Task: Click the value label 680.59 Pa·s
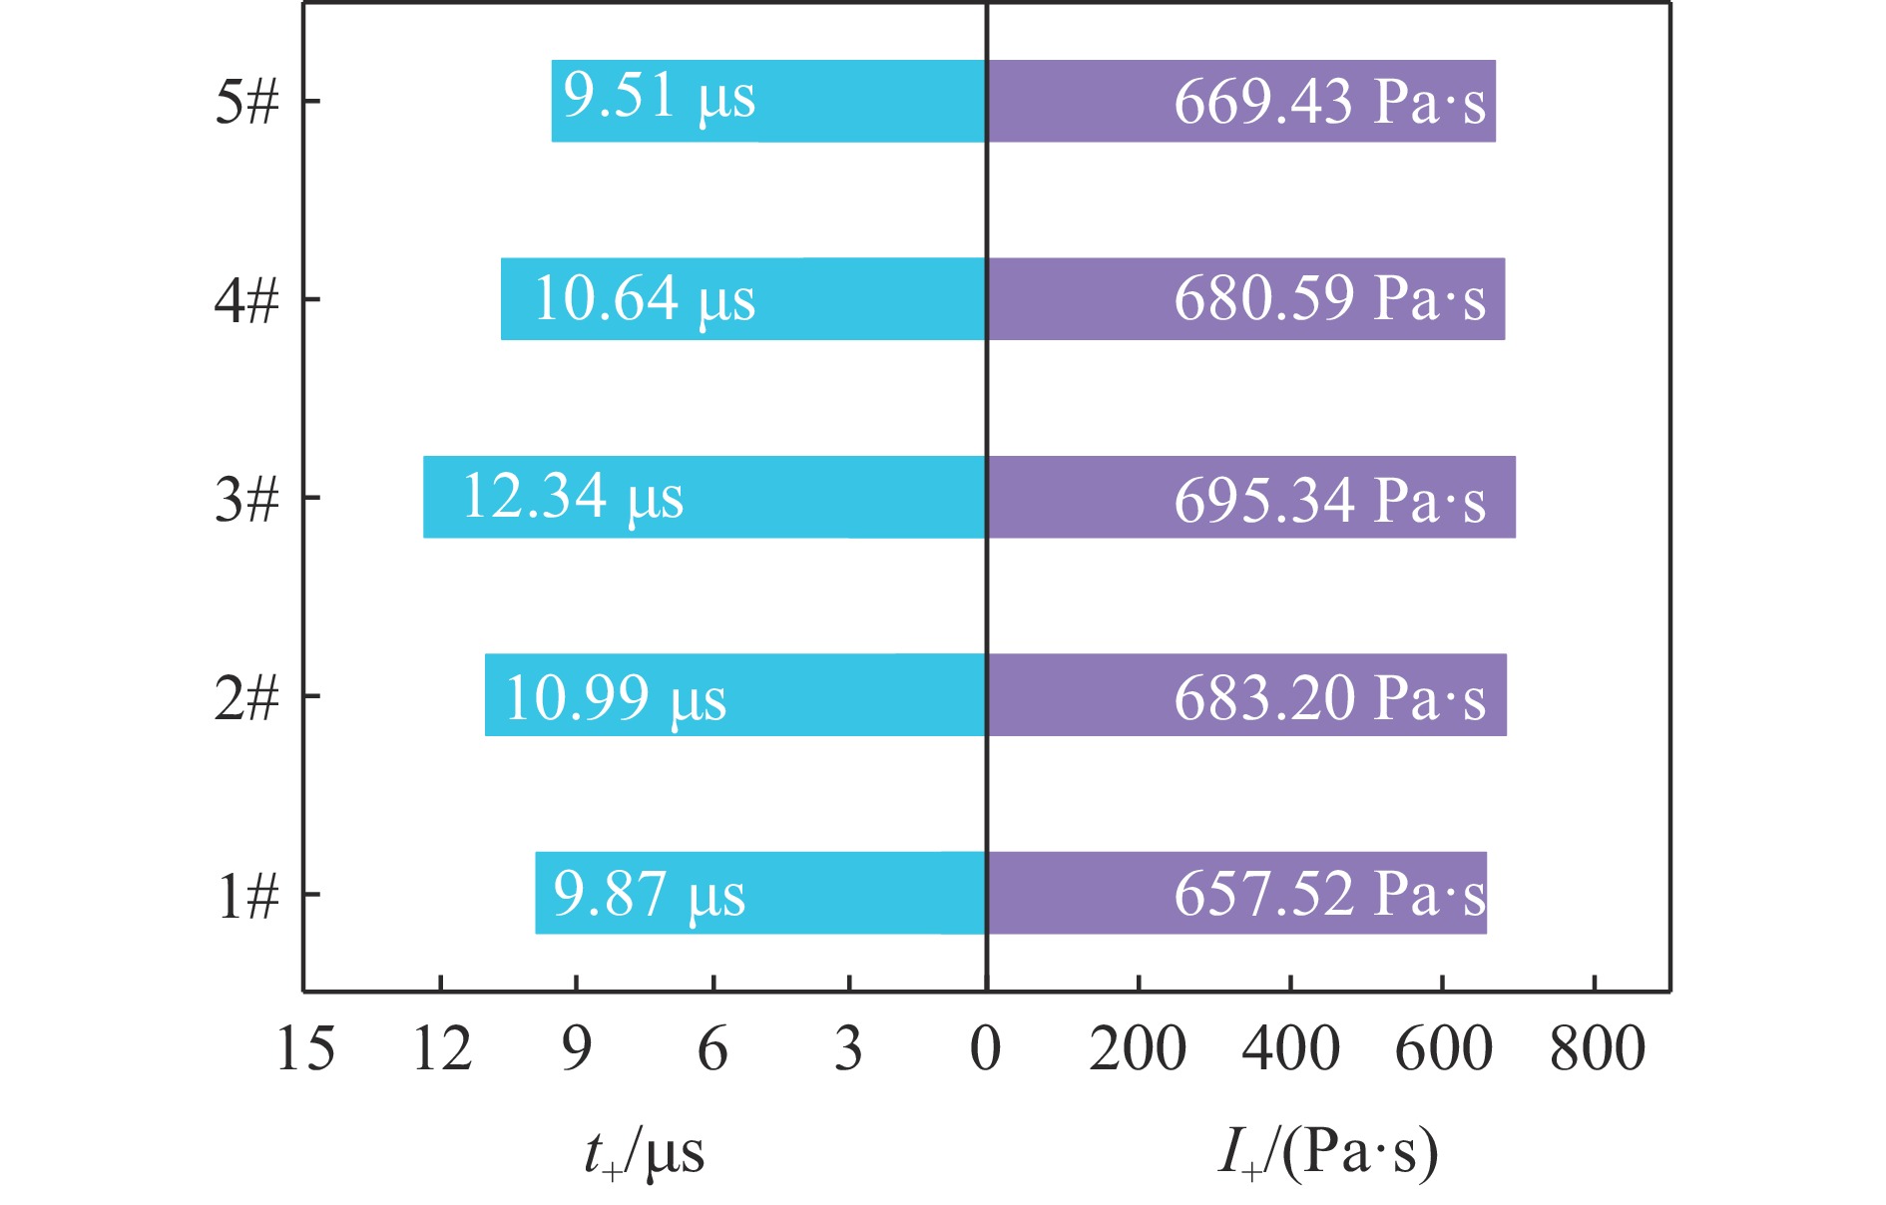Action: (1329, 298)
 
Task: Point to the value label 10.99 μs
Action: (616, 697)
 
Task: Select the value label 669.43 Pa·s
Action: (1329, 101)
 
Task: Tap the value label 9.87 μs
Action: (650, 894)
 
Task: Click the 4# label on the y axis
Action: (246, 299)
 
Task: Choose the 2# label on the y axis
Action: (246, 696)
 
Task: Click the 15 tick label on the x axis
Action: (305, 1049)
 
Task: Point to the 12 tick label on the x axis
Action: (441, 1049)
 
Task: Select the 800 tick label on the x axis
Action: (1597, 1049)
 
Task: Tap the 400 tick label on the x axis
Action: (1290, 1049)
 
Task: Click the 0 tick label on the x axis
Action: (986, 1049)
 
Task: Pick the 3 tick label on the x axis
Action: (848, 1049)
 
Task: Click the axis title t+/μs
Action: (645, 1154)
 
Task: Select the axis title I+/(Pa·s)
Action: (1328, 1154)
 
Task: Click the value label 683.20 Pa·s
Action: (1329, 697)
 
